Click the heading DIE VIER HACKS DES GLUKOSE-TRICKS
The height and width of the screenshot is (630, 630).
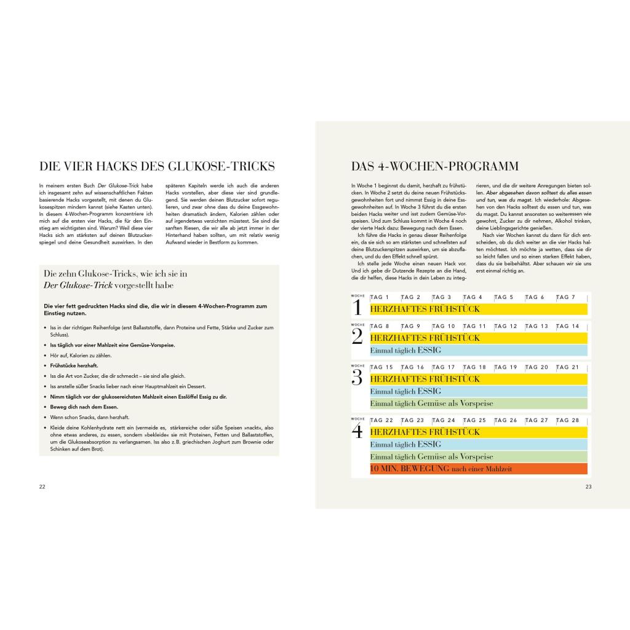(x=157, y=167)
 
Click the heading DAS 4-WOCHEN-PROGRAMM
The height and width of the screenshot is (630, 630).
(x=435, y=167)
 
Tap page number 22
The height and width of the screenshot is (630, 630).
(x=42, y=487)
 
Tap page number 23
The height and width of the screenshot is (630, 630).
(x=588, y=487)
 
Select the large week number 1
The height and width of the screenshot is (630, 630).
(x=357, y=307)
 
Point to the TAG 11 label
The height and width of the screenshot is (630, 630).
(x=474, y=326)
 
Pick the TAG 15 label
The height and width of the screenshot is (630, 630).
(x=382, y=367)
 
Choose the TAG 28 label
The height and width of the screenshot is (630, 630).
(x=567, y=420)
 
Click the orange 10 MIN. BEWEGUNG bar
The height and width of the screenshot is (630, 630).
(x=479, y=469)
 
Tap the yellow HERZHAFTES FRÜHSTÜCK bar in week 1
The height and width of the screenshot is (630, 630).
(x=479, y=309)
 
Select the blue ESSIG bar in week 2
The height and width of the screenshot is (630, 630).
(x=479, y=350)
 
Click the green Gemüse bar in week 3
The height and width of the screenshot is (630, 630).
(x=479, y=404)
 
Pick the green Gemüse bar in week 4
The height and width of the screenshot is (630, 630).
(x=479, y=457)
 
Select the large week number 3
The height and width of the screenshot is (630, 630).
(x=357, y=377)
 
